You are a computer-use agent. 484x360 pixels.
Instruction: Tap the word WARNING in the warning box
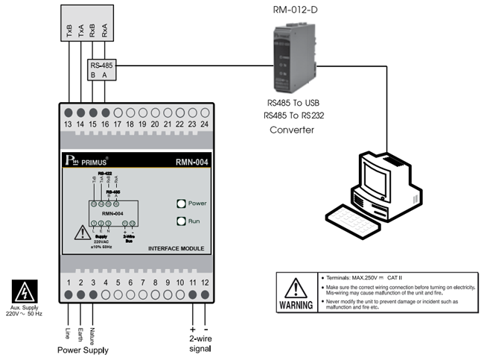coord(296,306)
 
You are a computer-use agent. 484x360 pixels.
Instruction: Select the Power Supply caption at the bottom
coord(83,350)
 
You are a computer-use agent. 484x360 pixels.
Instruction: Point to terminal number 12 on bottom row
coord(205,283)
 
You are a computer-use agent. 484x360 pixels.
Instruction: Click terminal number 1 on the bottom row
coord(69,283)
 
